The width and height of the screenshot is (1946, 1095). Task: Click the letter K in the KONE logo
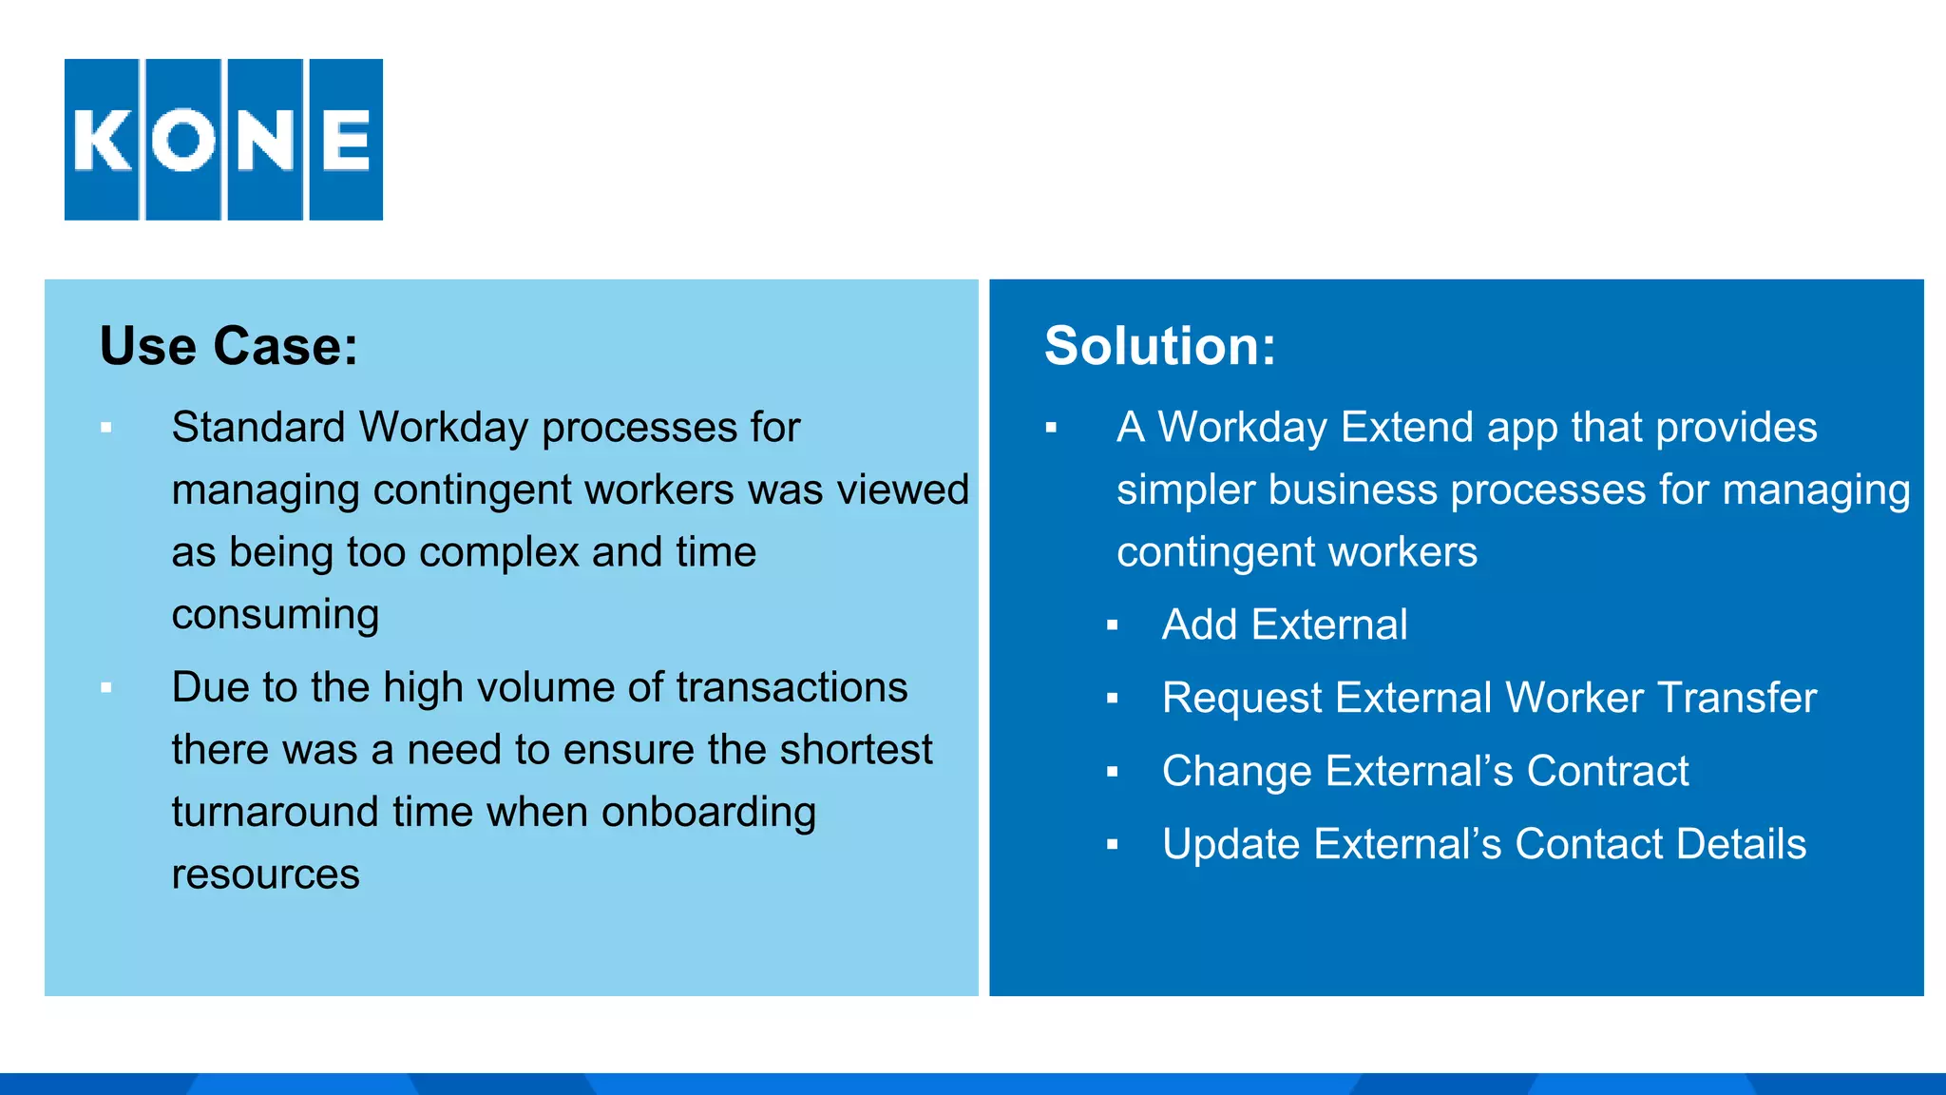(102, 140)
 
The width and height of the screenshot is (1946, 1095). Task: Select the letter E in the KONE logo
(346, 140)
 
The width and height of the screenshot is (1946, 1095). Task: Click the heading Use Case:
(229, 345)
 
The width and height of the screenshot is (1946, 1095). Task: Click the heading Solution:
(1159, 345)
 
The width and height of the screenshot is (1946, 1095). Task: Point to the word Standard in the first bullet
(258, 427)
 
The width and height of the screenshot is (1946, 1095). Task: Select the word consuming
(276, 615)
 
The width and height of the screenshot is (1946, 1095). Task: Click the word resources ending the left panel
(265, 874)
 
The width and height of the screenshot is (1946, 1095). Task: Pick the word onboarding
(709, 812)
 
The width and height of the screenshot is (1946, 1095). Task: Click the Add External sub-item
(1285, 624)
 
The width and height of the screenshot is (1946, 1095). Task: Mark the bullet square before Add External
(1112, 625)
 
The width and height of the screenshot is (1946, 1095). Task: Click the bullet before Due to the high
(106, 687)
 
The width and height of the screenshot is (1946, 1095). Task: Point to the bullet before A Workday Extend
(1051, 428)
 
